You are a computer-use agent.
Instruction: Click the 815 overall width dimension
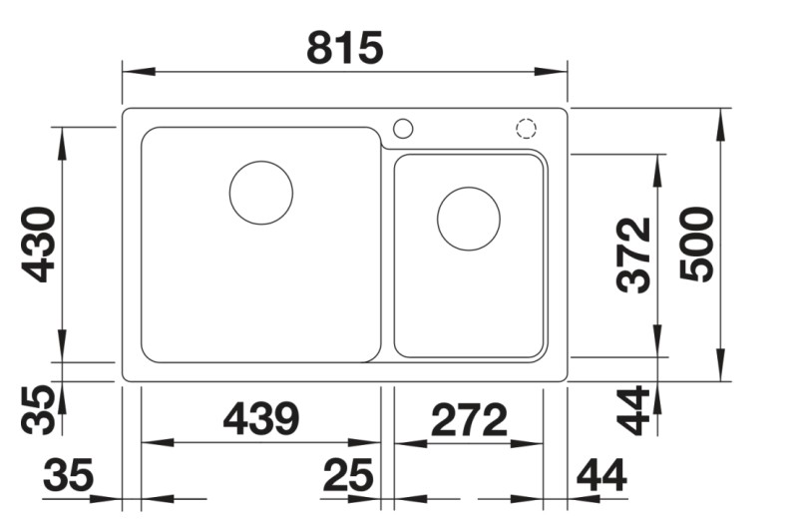(344, 47)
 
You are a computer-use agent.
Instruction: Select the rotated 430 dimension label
(39, 244)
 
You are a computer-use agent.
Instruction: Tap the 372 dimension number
(634, 255)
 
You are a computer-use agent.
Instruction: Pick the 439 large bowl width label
(260, 419)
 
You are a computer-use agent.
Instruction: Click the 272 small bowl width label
(469, 420)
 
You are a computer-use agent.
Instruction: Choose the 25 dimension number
(348, 476)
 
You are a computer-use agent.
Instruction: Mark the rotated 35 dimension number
(39, 409)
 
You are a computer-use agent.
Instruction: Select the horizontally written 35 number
(68, 476)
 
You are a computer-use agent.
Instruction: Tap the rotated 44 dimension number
(634, 409)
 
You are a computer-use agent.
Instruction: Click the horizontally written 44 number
(602, 476)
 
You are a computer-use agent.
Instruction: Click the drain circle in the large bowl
(261, 192)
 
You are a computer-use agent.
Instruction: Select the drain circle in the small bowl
(468, 219)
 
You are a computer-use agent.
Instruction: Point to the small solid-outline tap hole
(403, 128)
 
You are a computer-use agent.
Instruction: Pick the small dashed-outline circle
(526, 128)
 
